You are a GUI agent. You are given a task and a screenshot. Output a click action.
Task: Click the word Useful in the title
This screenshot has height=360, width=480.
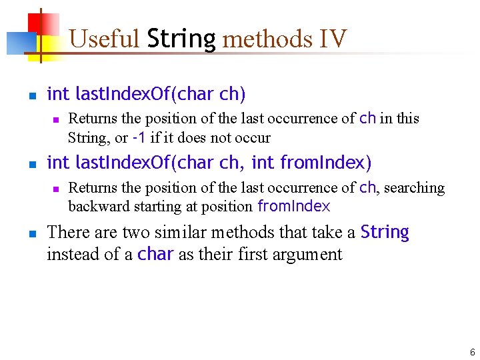pyautogui.click(x=103, y=39)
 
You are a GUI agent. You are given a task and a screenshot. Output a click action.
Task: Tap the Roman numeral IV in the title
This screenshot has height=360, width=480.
pyautogui.click(x=333, y=39)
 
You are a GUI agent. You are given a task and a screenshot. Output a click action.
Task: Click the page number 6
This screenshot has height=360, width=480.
pyautogui.click(x=472, y=352)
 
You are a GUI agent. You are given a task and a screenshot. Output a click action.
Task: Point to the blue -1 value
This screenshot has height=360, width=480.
pyautogui.click(x=139, y=138)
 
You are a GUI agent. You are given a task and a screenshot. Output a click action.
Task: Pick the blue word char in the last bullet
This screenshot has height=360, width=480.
pyautogui.click(x=156, y=254)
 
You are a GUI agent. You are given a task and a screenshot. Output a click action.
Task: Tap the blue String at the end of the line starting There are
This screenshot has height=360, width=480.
pyautogui.click(x=385, y=232)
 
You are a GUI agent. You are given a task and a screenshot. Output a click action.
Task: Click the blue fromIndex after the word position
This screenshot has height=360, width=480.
pyautogui.click(x=293, y=207)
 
